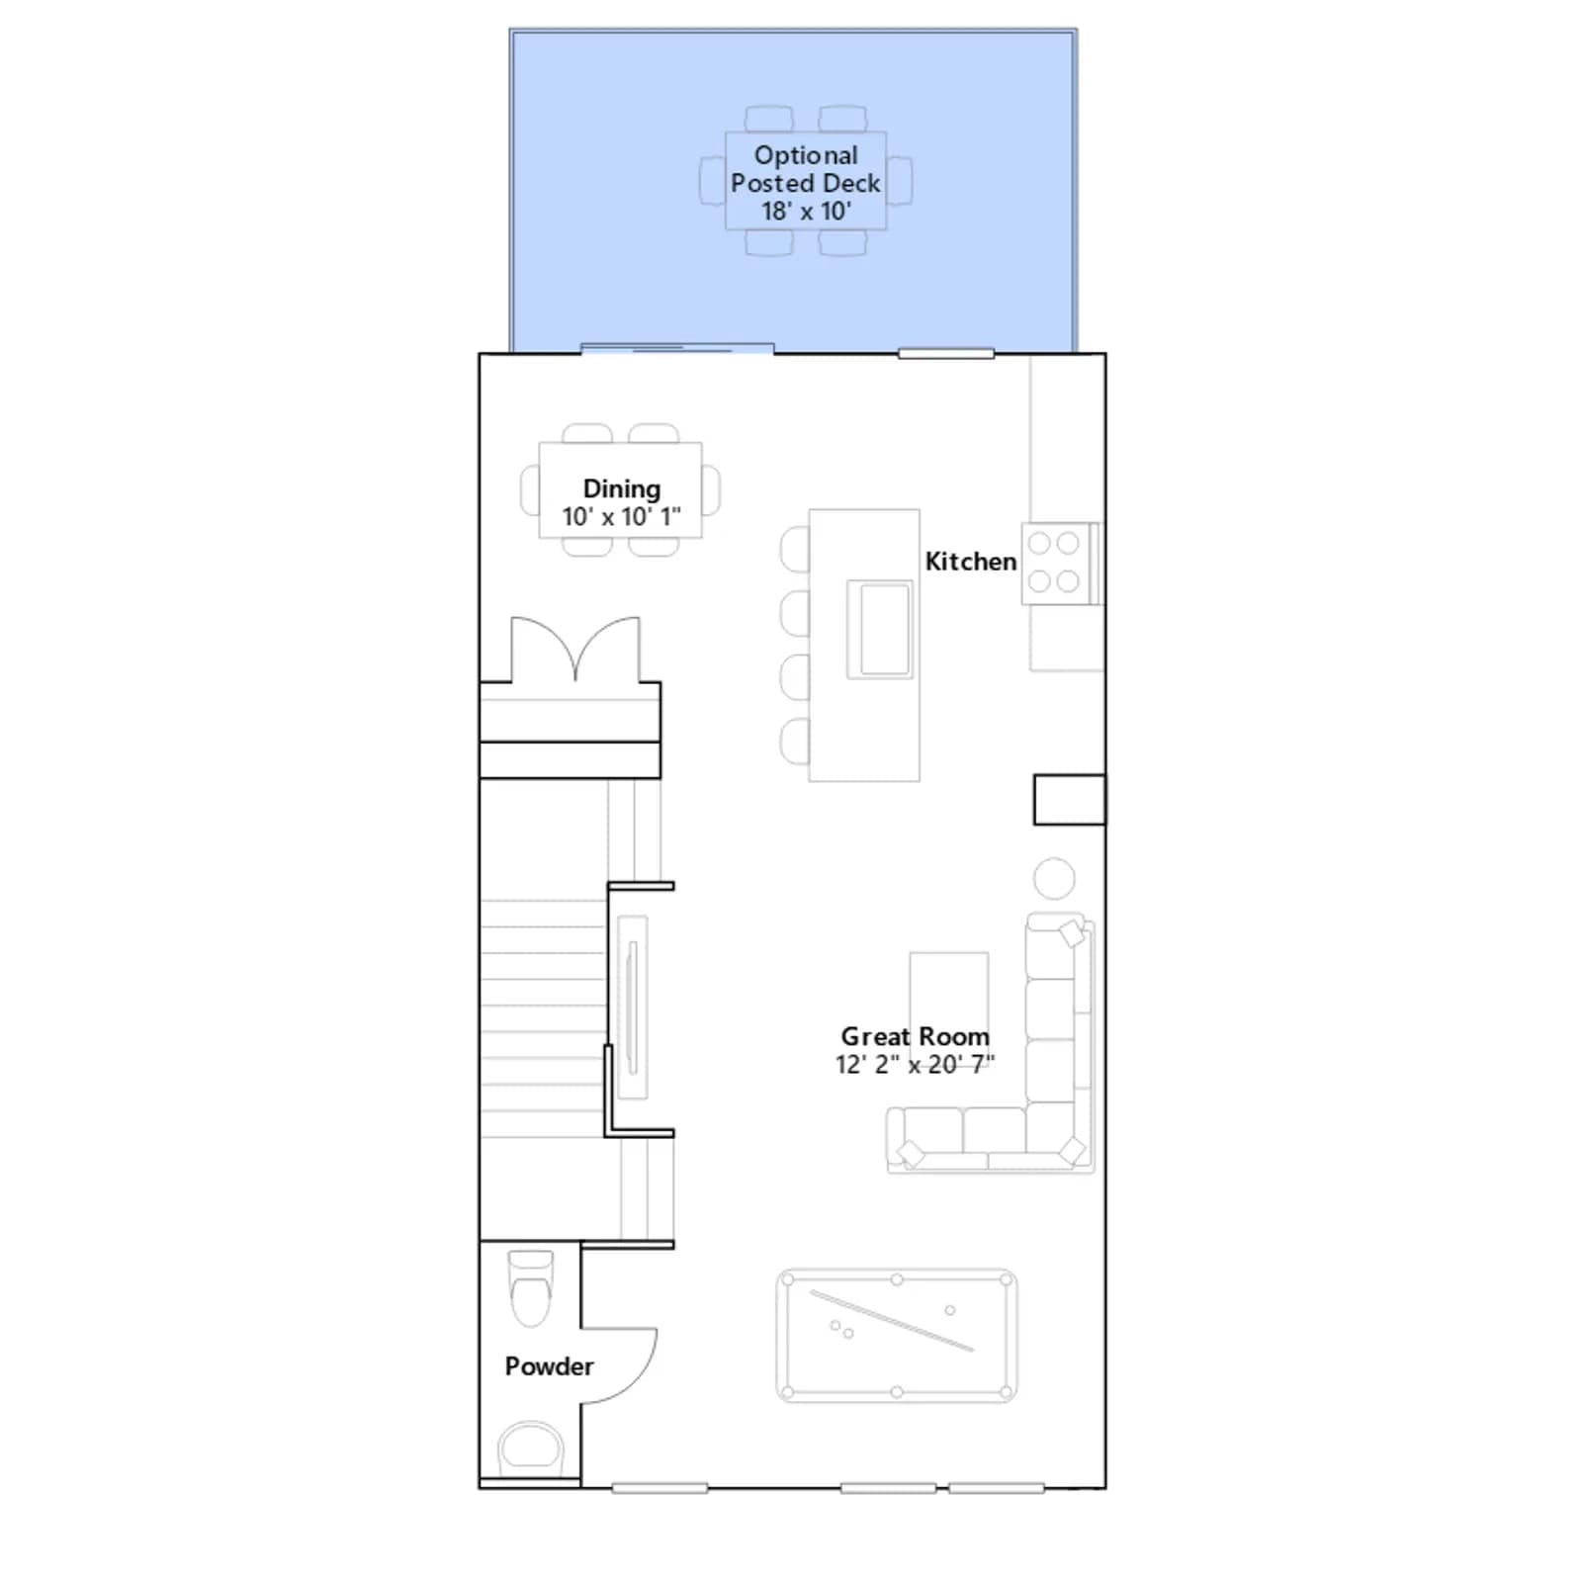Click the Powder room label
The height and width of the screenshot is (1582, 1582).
coord(549,1366)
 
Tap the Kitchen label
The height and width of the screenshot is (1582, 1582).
coord(971,562)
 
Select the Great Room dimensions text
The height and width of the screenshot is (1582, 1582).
coord(915,1065)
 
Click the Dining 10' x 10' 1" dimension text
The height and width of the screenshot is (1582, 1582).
coord(621,517)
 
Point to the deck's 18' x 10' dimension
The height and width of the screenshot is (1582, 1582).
coord(806,212)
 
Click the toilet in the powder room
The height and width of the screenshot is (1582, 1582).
coord(530,1288)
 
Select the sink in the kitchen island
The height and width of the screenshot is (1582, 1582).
coord(879,629)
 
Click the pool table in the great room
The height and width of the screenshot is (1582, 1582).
coord(897,1336)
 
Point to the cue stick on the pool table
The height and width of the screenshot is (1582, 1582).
coord(892,1321)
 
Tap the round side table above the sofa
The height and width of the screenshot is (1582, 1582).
coord(1054,878)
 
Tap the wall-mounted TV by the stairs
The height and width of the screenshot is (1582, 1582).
coord(632,1007)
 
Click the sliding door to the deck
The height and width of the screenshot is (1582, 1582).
coord(677,348)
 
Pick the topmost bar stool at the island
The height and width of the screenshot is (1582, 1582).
coord(795,550)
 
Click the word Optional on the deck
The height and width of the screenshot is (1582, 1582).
coord(806,156)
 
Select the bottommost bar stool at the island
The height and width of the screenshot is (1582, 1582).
coord(795,742)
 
